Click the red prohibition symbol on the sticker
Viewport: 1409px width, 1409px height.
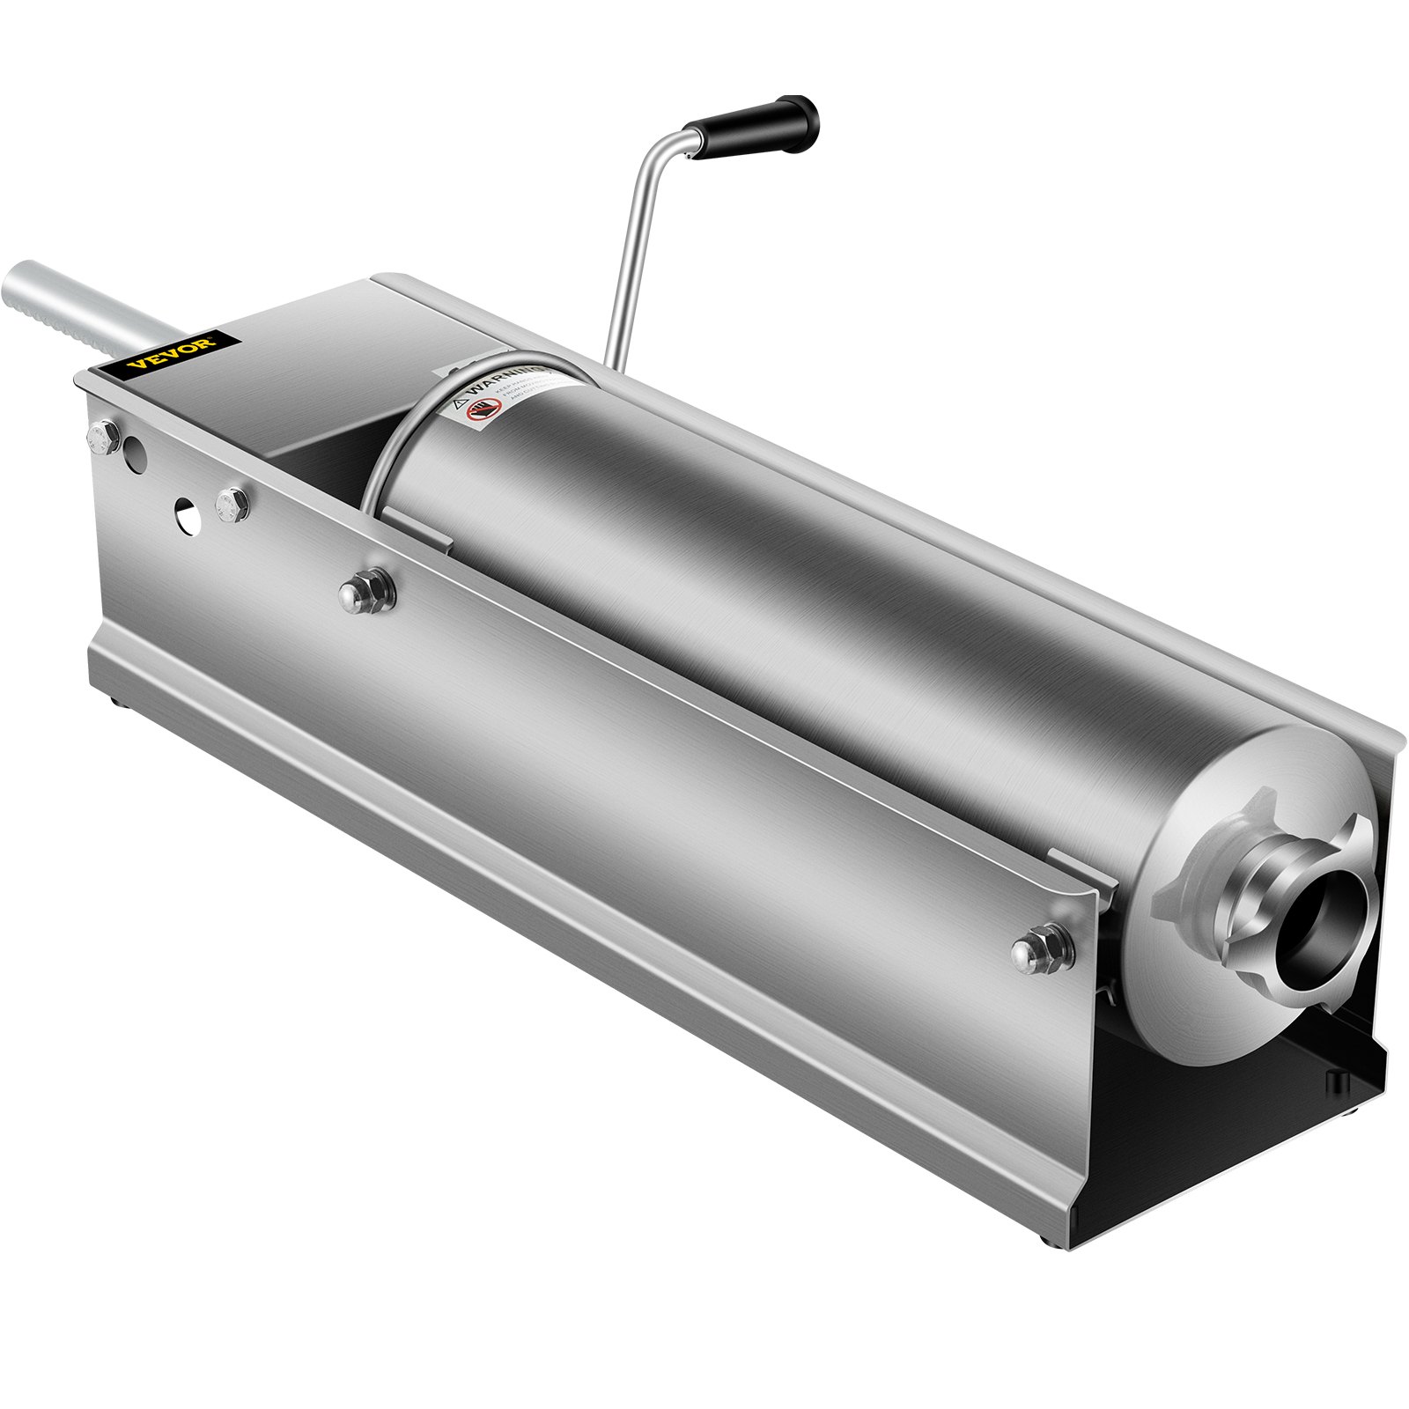483,410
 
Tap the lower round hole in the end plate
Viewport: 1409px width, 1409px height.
188,513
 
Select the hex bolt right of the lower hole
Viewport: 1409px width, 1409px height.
232,505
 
